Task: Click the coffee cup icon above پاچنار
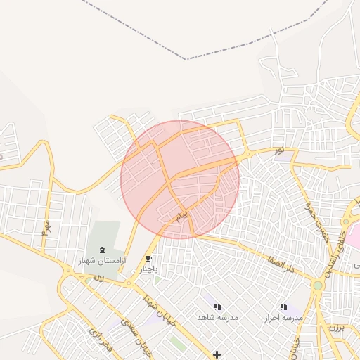point(148,259)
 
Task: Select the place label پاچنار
point(148,269)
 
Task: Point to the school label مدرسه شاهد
point(219,318)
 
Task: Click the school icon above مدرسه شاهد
point(217,307)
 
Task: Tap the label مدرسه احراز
point(283,318)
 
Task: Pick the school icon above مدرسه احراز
point(283,307)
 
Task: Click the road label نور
point(279,150)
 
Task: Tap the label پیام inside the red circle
point(181,214)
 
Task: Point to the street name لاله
point(98,278)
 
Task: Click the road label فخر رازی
point(98,340)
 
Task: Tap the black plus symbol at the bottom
point(217,354)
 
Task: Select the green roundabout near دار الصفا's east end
point(318,285)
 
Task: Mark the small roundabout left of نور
point(247,155)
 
